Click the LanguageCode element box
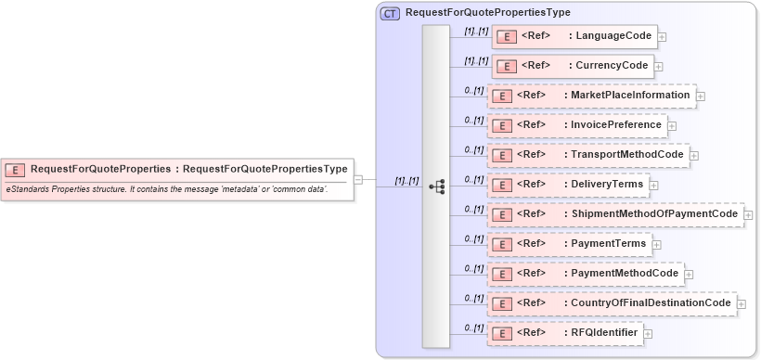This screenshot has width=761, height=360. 574,36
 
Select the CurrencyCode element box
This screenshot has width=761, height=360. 572,66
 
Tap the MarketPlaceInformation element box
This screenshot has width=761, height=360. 590,96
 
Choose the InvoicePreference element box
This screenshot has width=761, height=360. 576,125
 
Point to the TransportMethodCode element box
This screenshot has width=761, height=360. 587,155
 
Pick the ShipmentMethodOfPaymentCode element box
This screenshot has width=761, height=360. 614,214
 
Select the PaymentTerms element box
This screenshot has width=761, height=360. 568,244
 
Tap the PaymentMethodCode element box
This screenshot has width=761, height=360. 585,274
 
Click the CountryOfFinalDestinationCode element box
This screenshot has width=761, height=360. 611,303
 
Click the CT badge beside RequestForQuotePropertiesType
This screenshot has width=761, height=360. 390,13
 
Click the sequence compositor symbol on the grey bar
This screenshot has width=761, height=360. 436,186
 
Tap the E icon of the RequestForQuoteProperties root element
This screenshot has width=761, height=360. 15,170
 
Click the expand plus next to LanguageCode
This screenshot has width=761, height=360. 662,37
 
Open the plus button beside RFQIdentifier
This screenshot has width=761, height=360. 648,334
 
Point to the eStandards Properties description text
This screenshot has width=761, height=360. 166,189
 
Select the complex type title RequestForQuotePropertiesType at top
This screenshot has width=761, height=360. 487,13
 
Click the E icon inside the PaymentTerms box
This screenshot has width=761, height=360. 501,245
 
